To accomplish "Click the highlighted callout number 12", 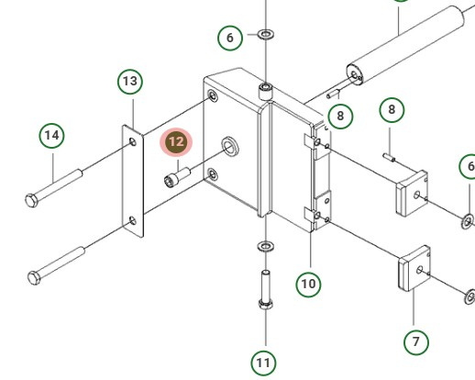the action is point(176,142).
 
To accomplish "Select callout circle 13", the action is point(130,82).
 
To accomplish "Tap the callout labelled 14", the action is point(51,135).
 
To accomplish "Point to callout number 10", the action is point(308,284).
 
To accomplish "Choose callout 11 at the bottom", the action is point(263,363).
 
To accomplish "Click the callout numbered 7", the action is point(416,341).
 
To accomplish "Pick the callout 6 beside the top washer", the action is point(230,38).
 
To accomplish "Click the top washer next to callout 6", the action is point(266,34).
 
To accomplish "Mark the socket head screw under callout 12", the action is point(177,177).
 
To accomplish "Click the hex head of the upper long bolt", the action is point(31,201).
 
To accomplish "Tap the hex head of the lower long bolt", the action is point(34,278).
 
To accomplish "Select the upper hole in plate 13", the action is point(133,141).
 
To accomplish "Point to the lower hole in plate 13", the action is point(133,220).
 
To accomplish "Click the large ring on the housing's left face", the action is point(230,146).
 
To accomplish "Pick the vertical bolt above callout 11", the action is point(266,289).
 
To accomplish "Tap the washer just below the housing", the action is point(266,246).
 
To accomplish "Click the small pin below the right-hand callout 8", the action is point(389,157).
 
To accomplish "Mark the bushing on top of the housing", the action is point(266,91).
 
